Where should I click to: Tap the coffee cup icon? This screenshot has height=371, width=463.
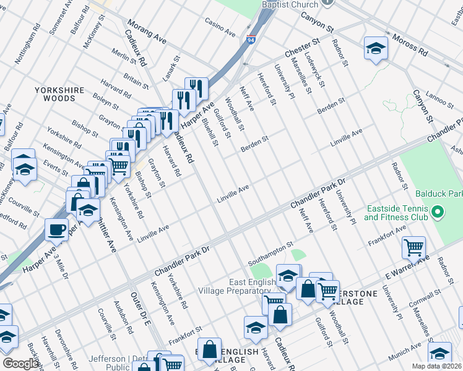pyautogui.click(x=57, y=229)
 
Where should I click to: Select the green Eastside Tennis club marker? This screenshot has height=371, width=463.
pyautogui.click(x=438, y=213)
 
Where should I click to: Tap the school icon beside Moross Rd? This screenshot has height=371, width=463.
pyautogui.click(x=375, y=49)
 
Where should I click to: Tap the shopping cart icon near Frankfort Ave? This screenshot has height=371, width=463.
pyautogui.click(x=413, y=247)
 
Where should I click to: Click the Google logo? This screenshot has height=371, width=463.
pyautogui.click(x=20, y=364)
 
